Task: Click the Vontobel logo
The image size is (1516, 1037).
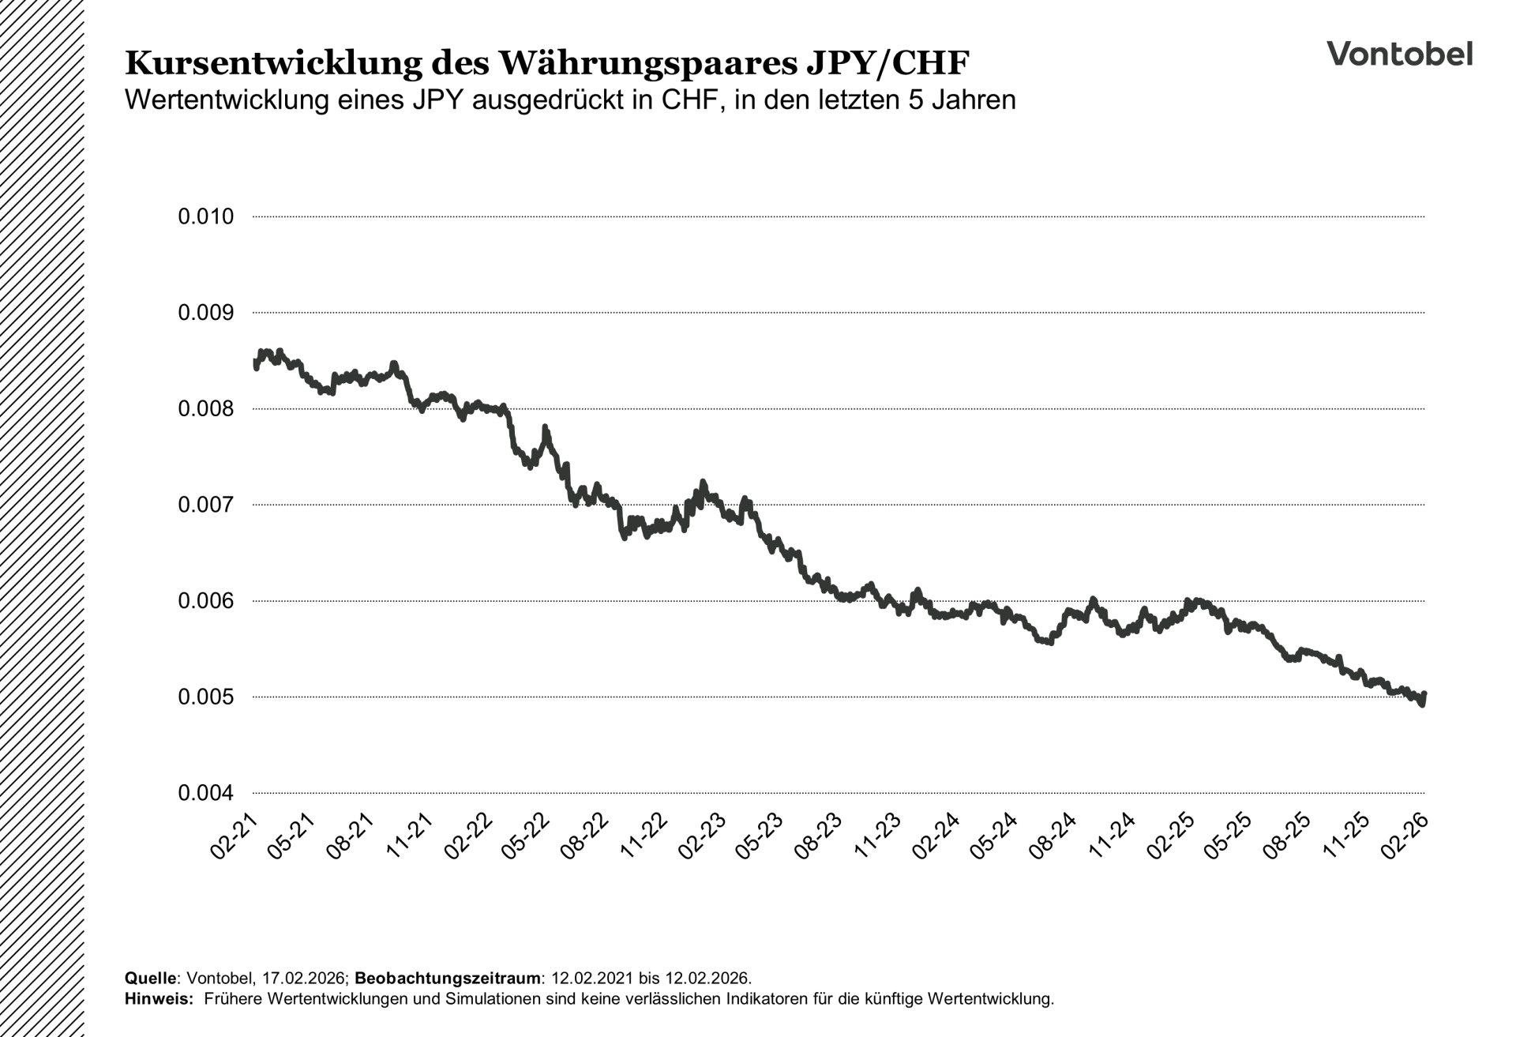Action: (x=1399, y=54)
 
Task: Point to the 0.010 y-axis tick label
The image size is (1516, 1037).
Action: (x=206, y=216)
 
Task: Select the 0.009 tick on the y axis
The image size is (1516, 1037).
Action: (x=206, y=313)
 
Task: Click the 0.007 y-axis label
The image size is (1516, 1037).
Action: (x=206, y=505)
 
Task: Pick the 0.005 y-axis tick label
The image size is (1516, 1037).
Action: (x=206, y=697)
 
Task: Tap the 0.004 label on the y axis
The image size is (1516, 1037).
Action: (x=206, y=793)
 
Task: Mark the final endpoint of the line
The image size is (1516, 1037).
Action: (x=1424, y=694)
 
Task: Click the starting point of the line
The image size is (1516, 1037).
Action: (x=255, y=362)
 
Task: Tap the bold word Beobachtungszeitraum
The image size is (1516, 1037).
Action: (x=448, y=978)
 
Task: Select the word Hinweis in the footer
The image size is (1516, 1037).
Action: (x=158, y=999)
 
